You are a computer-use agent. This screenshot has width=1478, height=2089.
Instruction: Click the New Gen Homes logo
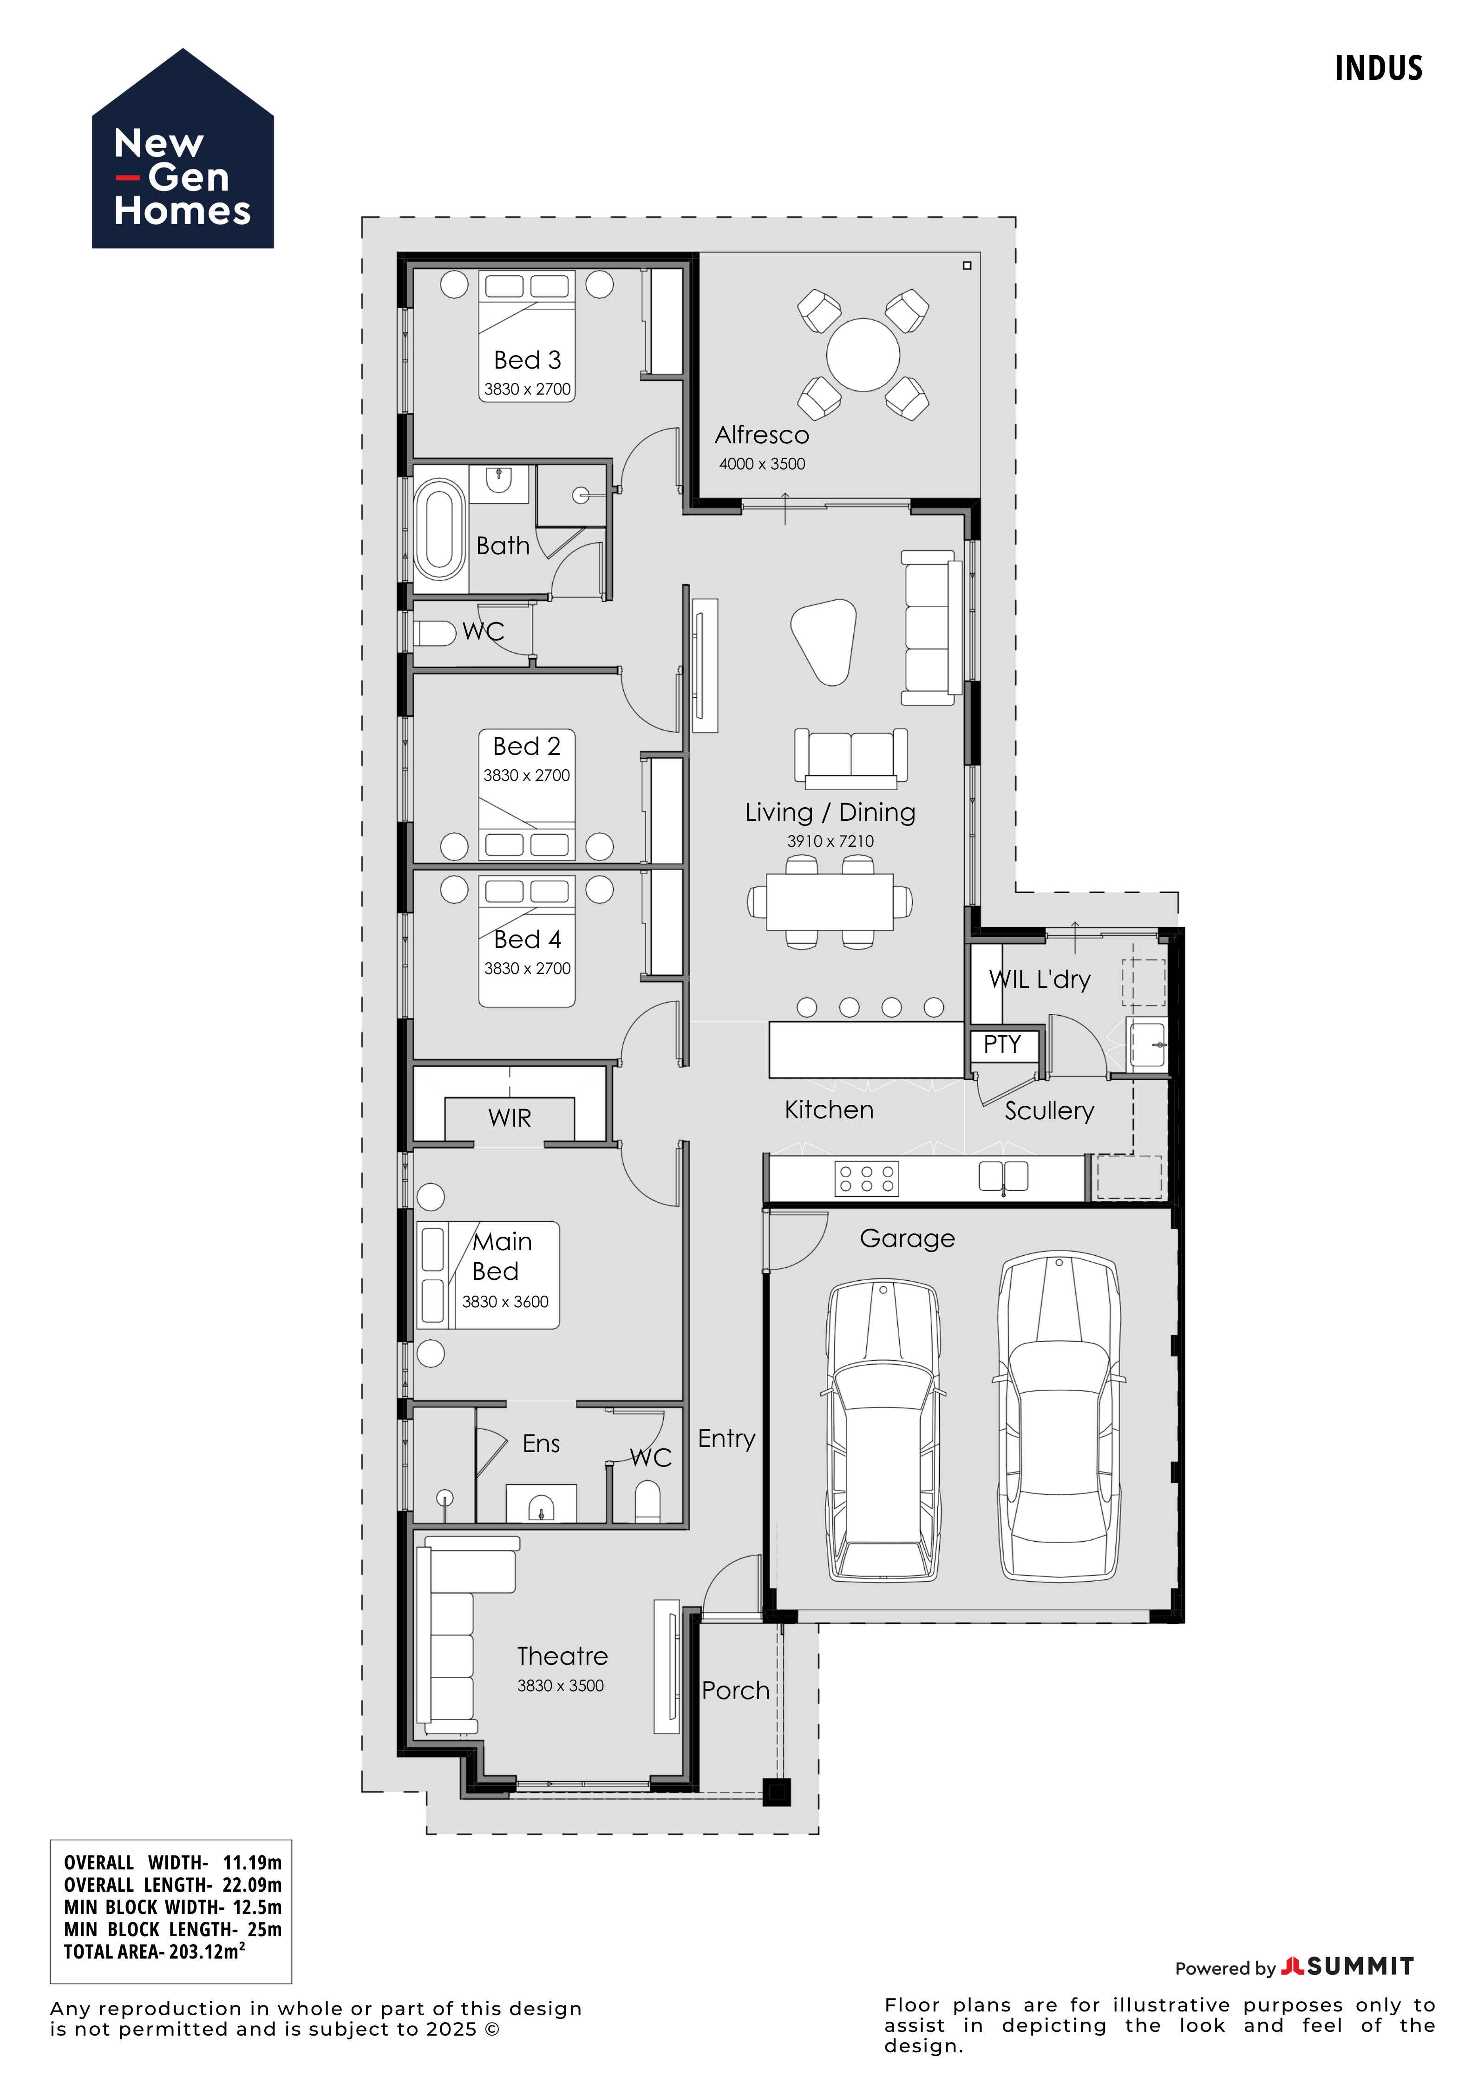point(183,149)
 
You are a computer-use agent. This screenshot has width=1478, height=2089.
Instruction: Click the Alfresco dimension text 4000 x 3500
point(762,464)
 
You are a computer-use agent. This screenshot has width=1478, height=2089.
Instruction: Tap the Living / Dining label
point(830,812)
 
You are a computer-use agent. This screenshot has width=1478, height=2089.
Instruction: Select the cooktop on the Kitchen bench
point(866,1179)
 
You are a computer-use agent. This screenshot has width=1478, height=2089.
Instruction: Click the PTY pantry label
point(1002,1044)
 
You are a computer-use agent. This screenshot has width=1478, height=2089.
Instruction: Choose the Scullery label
point(1049,1111)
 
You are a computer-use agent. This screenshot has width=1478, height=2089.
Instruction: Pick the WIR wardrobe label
point(510,1118)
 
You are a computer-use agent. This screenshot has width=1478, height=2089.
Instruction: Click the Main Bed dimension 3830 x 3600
point(505,1302)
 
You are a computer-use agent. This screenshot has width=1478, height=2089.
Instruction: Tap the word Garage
point(907,1239)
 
